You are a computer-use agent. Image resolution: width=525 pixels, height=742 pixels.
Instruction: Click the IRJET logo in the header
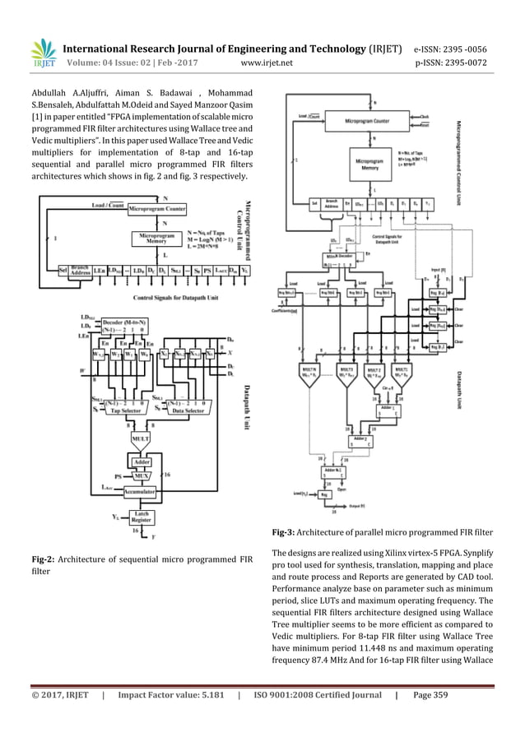click(x=36, y=50)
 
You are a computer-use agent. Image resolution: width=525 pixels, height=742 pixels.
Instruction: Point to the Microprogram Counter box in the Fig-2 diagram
click(x=160, y=208)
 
